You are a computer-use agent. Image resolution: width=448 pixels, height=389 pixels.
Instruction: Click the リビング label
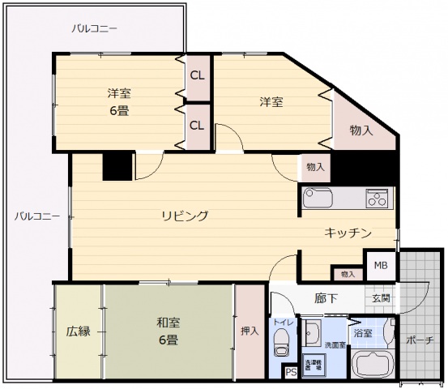(x=185, y=216)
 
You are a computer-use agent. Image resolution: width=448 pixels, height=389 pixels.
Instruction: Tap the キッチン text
(x=348, y=233)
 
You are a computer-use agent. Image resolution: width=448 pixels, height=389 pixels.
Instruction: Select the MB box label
(x=380, y=266)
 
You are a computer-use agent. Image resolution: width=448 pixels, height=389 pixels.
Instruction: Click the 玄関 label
(x=381, y=298)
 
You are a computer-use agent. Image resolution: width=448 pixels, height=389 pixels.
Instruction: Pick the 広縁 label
(x=78, y=331)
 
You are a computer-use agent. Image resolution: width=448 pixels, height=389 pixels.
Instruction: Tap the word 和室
(x=169, y=323)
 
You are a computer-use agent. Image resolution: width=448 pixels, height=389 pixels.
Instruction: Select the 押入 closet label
(x=250, y=331)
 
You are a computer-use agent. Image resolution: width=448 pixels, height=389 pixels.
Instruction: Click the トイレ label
(x=283, y=323)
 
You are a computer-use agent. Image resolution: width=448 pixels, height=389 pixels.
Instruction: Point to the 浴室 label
(x=362, y=332)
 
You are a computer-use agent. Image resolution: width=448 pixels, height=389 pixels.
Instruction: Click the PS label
(x=291, y=372)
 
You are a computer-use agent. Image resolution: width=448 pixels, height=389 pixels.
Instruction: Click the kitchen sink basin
(x=318, y=197)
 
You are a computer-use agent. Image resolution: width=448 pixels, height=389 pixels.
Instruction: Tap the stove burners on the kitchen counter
(x=378, y=197)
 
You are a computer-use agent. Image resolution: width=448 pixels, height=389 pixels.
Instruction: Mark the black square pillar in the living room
(x=117, y=166)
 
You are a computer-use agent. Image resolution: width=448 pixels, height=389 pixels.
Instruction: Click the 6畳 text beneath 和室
(x=169, y=340)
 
